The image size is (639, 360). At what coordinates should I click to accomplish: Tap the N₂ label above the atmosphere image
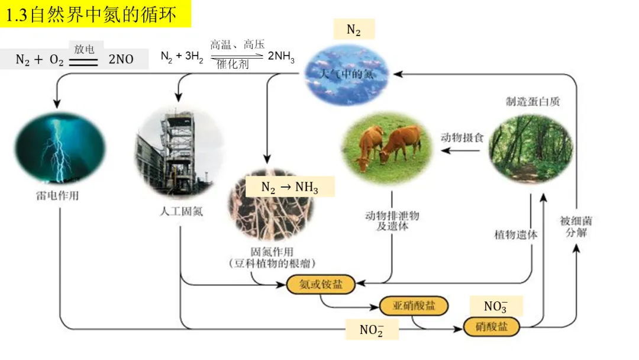353,30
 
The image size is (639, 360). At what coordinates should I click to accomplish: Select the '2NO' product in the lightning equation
121,59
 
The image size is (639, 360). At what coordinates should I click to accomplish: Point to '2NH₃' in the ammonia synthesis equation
281,56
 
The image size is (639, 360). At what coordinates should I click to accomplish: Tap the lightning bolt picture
59,148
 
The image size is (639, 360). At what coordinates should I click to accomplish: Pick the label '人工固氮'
181,211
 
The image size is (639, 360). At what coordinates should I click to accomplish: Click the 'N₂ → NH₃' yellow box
290,187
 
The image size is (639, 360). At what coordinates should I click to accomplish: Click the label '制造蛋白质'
532,101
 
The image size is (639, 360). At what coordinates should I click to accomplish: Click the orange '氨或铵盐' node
322,284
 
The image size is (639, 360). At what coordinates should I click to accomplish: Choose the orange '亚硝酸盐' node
414,306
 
